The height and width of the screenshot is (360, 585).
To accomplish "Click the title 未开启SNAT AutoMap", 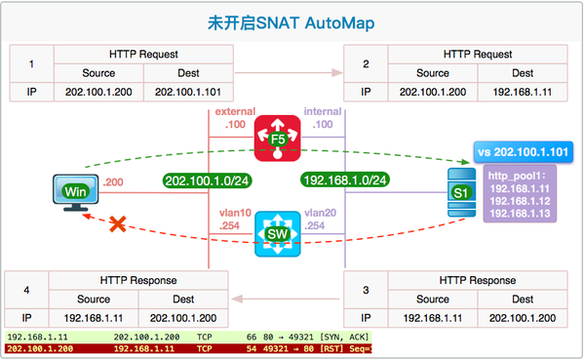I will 292,20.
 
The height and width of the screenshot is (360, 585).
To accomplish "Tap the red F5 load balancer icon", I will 277,138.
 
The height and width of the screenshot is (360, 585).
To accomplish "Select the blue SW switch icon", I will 277,235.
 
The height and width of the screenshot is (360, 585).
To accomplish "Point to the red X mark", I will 119,224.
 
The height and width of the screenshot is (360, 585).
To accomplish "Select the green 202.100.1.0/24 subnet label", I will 203,180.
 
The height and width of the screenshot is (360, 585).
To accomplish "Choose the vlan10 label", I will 235,213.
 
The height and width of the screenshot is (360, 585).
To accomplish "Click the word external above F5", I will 234,113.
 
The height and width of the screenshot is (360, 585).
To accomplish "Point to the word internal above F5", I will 322,113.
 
